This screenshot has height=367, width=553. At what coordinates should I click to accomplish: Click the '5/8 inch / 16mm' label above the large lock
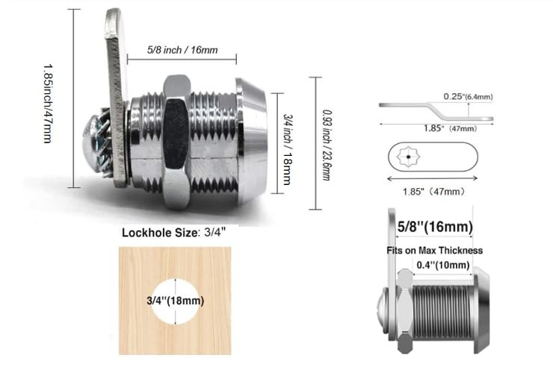(x=182, y=50)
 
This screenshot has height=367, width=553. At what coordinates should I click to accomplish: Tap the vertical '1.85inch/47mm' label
(x=48, y=104)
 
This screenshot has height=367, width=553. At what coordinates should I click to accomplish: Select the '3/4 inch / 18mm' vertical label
(x=288, y=149)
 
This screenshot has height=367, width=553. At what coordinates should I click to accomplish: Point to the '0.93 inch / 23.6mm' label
(x=327, y=145)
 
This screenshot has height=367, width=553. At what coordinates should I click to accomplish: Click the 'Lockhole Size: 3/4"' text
(x=174, y=233)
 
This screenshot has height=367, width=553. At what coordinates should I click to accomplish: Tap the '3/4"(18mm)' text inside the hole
(x=176, y=301)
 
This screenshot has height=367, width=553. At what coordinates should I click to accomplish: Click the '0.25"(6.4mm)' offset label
(x=468, y=96)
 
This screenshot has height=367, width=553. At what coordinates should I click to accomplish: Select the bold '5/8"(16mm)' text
(x=435, y=227)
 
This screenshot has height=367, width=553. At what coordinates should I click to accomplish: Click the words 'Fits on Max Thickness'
(x=434, y=251)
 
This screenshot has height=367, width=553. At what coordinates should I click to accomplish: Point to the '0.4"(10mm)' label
(x=443, y=265)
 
